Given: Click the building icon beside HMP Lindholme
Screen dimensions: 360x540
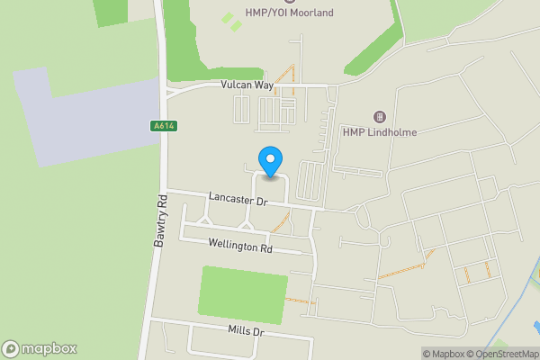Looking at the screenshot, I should tap(379, 118).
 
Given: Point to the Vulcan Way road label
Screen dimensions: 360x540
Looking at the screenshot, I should tap(247, 85).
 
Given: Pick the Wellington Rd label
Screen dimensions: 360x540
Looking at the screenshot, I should tap(240, 246).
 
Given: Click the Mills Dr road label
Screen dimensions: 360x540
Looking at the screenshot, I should tap(246, 332).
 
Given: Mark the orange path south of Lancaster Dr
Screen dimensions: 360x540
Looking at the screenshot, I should tap(282, 221).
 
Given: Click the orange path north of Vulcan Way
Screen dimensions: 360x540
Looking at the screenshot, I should tap(285, 76).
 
